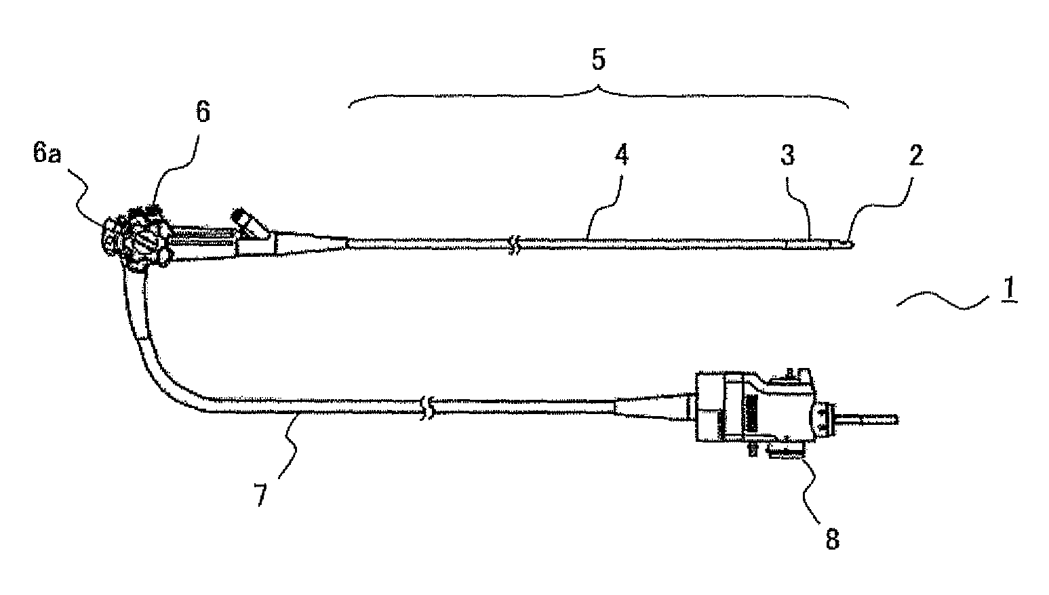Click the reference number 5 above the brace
pos(597,60)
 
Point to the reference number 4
pos(621,156)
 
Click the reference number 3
pos(787,156)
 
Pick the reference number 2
pos(915,156)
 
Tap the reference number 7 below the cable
pos(261,494)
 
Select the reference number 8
pos(831,540)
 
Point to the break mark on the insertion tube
pos(515,244)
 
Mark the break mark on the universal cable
pos(427,407)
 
